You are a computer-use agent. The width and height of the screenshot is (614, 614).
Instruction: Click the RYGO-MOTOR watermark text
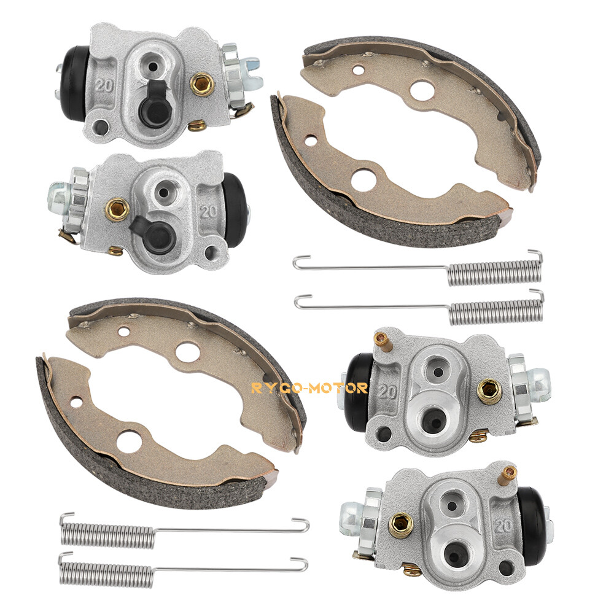click(x=309, y=388)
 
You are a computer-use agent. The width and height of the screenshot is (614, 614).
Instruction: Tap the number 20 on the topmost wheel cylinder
click(x=104, y=85)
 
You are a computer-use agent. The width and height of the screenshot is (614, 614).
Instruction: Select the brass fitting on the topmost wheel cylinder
click(x=202, y=85)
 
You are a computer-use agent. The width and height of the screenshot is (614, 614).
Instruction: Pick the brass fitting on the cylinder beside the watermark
click(x=489, y=391)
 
